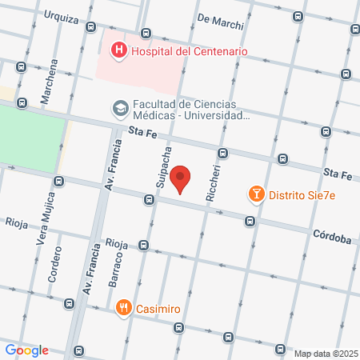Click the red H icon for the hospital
pos(119,51)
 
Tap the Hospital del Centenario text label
pos(189,51)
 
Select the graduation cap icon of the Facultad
pos(120,107)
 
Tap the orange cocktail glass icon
pos(256,194)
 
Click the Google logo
pos(27,350)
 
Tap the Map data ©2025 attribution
pos(325,354)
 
